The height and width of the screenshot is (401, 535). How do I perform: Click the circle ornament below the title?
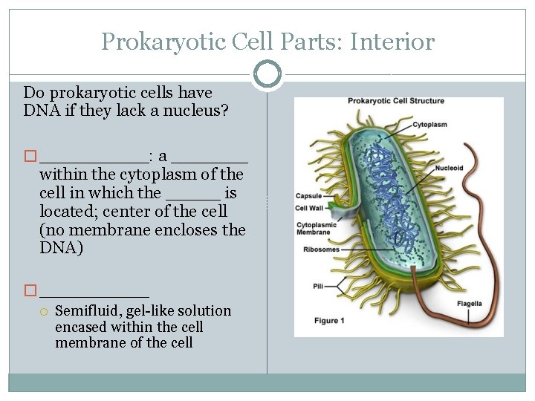click(267, 74)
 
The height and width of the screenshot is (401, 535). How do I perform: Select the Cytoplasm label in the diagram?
click(430, 124)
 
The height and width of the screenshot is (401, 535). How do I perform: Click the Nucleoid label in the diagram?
click(449, 169)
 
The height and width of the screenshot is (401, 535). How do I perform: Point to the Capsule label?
click(309, 196)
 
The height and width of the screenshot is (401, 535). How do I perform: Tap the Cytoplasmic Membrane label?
click(317, 229)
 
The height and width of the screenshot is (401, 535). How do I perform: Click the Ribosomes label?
click(321, 250)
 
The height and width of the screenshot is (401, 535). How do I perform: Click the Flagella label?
click(469, 304)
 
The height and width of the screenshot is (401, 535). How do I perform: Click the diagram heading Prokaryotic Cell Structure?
click(396, 101)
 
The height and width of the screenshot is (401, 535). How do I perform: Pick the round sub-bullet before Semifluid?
click(45, 311)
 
